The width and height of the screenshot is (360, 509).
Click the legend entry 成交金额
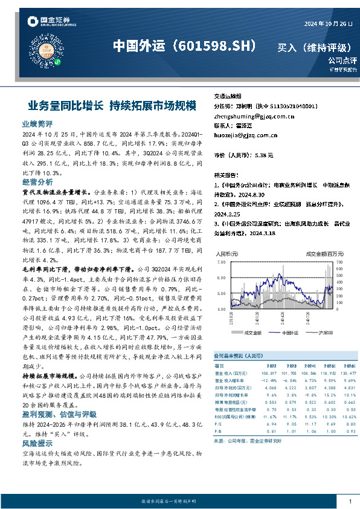tap(252, 332)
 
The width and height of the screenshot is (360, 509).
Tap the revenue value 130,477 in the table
tap(348, 374)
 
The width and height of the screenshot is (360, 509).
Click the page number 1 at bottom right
tap(350, 502)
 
